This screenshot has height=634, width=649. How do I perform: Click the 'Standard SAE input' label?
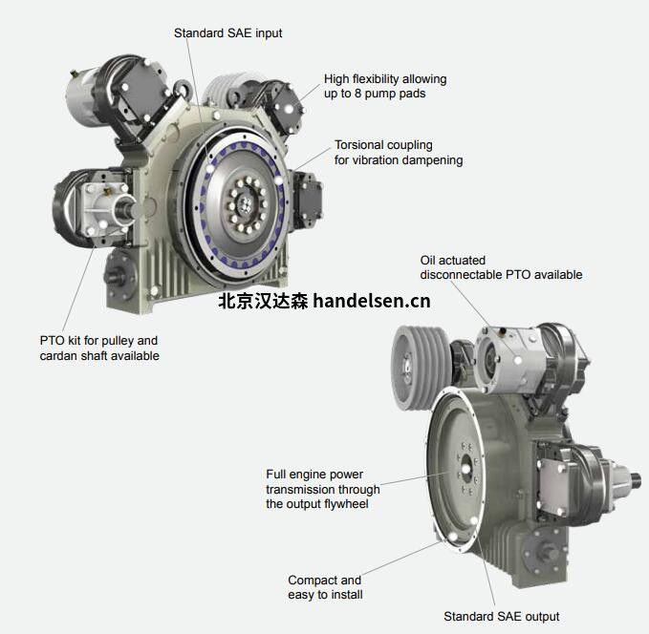pyautogui.click(x=228, y=33)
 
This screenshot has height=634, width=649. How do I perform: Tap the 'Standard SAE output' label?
pyautogui.click(x=501, y=616)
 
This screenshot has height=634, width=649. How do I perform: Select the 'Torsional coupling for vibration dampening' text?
pyautogui.click(x=399, y=153)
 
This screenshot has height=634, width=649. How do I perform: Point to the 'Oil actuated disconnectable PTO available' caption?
pyautogui.click(x=501, y=267)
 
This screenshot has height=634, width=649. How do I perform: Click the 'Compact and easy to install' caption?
pyautogui.click(x=325, y=587)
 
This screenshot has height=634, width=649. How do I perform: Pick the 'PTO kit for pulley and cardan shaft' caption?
pyautogui.click(x=99, y=348)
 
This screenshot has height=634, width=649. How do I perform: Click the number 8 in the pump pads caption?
pyautogui.click(x=357, y=94)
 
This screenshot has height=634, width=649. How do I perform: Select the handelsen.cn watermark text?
pyautogui.click(x=372, y=301)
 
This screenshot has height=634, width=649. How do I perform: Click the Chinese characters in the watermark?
pyautogui.click(x=263, y=301)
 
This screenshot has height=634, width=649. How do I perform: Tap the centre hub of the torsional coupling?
pyautogui.click(x=247, y=204)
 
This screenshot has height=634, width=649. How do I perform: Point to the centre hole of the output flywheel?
pyautogui.click(x=466, y=469)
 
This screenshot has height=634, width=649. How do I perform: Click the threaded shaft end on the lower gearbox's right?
pyautogui.click(x=636, y=480)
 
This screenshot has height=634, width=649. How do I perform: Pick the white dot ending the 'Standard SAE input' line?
pyautogui.click(x=210, y=169)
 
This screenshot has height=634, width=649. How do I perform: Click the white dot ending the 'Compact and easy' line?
pyautogui.click(x=453, y=537)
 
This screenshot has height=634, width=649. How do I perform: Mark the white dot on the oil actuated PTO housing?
pyautogui.click(x=518, y=360)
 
